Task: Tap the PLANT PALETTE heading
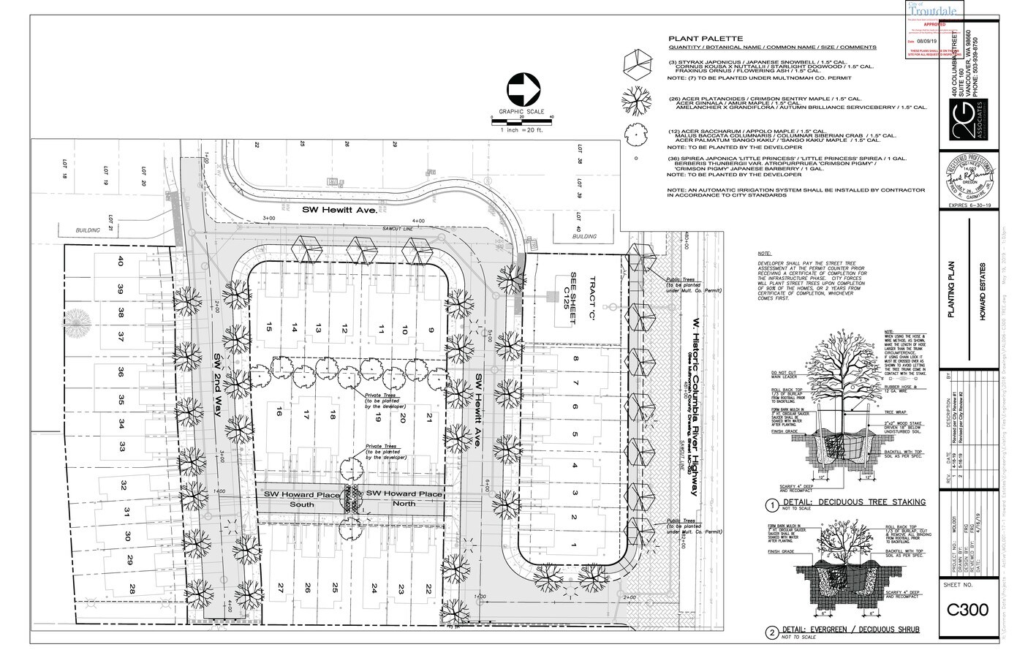coord(706,39)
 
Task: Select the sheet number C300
coord(967,610)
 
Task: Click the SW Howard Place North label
coord(404,499)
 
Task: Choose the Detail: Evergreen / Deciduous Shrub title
coord(851,629)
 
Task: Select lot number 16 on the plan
coord(279,414)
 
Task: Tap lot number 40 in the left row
coord(121,261)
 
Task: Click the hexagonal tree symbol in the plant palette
coord(635,64)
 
